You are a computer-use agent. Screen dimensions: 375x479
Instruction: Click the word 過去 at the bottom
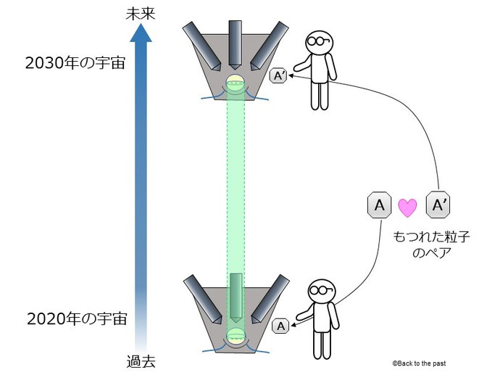141,360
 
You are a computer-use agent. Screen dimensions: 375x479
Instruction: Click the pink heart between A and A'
408,207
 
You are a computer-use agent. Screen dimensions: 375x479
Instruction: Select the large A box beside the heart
378,206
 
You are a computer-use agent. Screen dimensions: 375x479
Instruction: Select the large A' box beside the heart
438,206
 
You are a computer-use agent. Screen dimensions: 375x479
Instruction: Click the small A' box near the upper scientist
278,75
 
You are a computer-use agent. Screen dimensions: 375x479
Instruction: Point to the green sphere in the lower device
236,336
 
